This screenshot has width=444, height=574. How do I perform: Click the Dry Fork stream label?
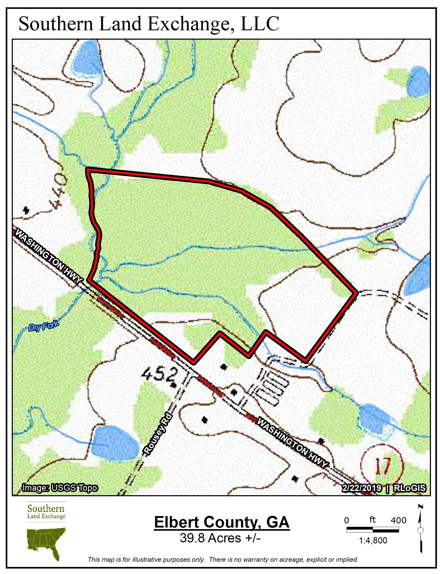pos(44,326)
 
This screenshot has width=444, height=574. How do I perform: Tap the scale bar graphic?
pos(372,530)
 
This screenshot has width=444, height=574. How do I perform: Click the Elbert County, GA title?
pos(222,522)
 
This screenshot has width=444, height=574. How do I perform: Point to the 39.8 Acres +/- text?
pos(220,538)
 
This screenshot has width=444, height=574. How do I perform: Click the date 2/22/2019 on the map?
pos(361,488)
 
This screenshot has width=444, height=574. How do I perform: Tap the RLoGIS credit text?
pos(410,488)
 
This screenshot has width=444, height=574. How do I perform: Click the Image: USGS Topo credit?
pos(60,488)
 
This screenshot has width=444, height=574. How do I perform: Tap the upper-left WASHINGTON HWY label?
pos(48,255)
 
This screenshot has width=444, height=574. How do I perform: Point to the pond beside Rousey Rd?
pos(115,443)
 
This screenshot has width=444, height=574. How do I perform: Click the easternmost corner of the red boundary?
pos(357,292)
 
